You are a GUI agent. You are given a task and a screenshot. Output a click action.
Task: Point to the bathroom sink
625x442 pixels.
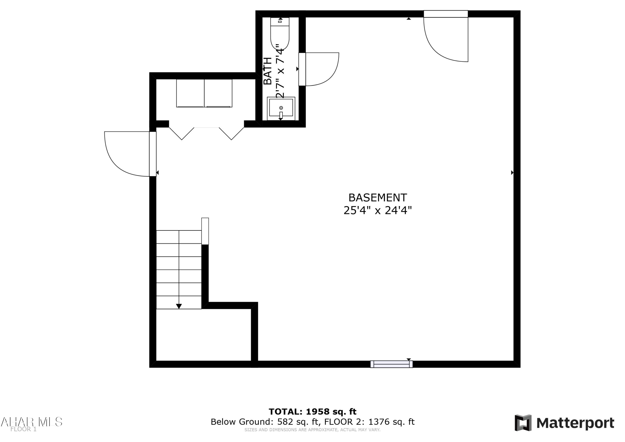coord(281,108)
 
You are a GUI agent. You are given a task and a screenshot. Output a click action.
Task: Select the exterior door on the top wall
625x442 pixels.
coord(446,14)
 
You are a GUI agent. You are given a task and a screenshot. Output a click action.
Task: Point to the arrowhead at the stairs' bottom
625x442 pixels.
coord(179,306)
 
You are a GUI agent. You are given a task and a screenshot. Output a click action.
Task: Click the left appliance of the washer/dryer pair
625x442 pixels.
coord(190,93)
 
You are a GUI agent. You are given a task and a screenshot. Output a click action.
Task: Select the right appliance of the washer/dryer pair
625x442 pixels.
coord(218,93)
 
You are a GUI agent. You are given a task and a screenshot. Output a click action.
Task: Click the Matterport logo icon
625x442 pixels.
coord(523,423)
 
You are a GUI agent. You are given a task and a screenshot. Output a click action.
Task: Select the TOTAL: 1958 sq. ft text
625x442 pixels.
coord(312,412)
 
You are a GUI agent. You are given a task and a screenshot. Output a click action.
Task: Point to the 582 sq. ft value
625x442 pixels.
coord(298,422)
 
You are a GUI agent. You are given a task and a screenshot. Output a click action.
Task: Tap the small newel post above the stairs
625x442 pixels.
coord(205,231)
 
